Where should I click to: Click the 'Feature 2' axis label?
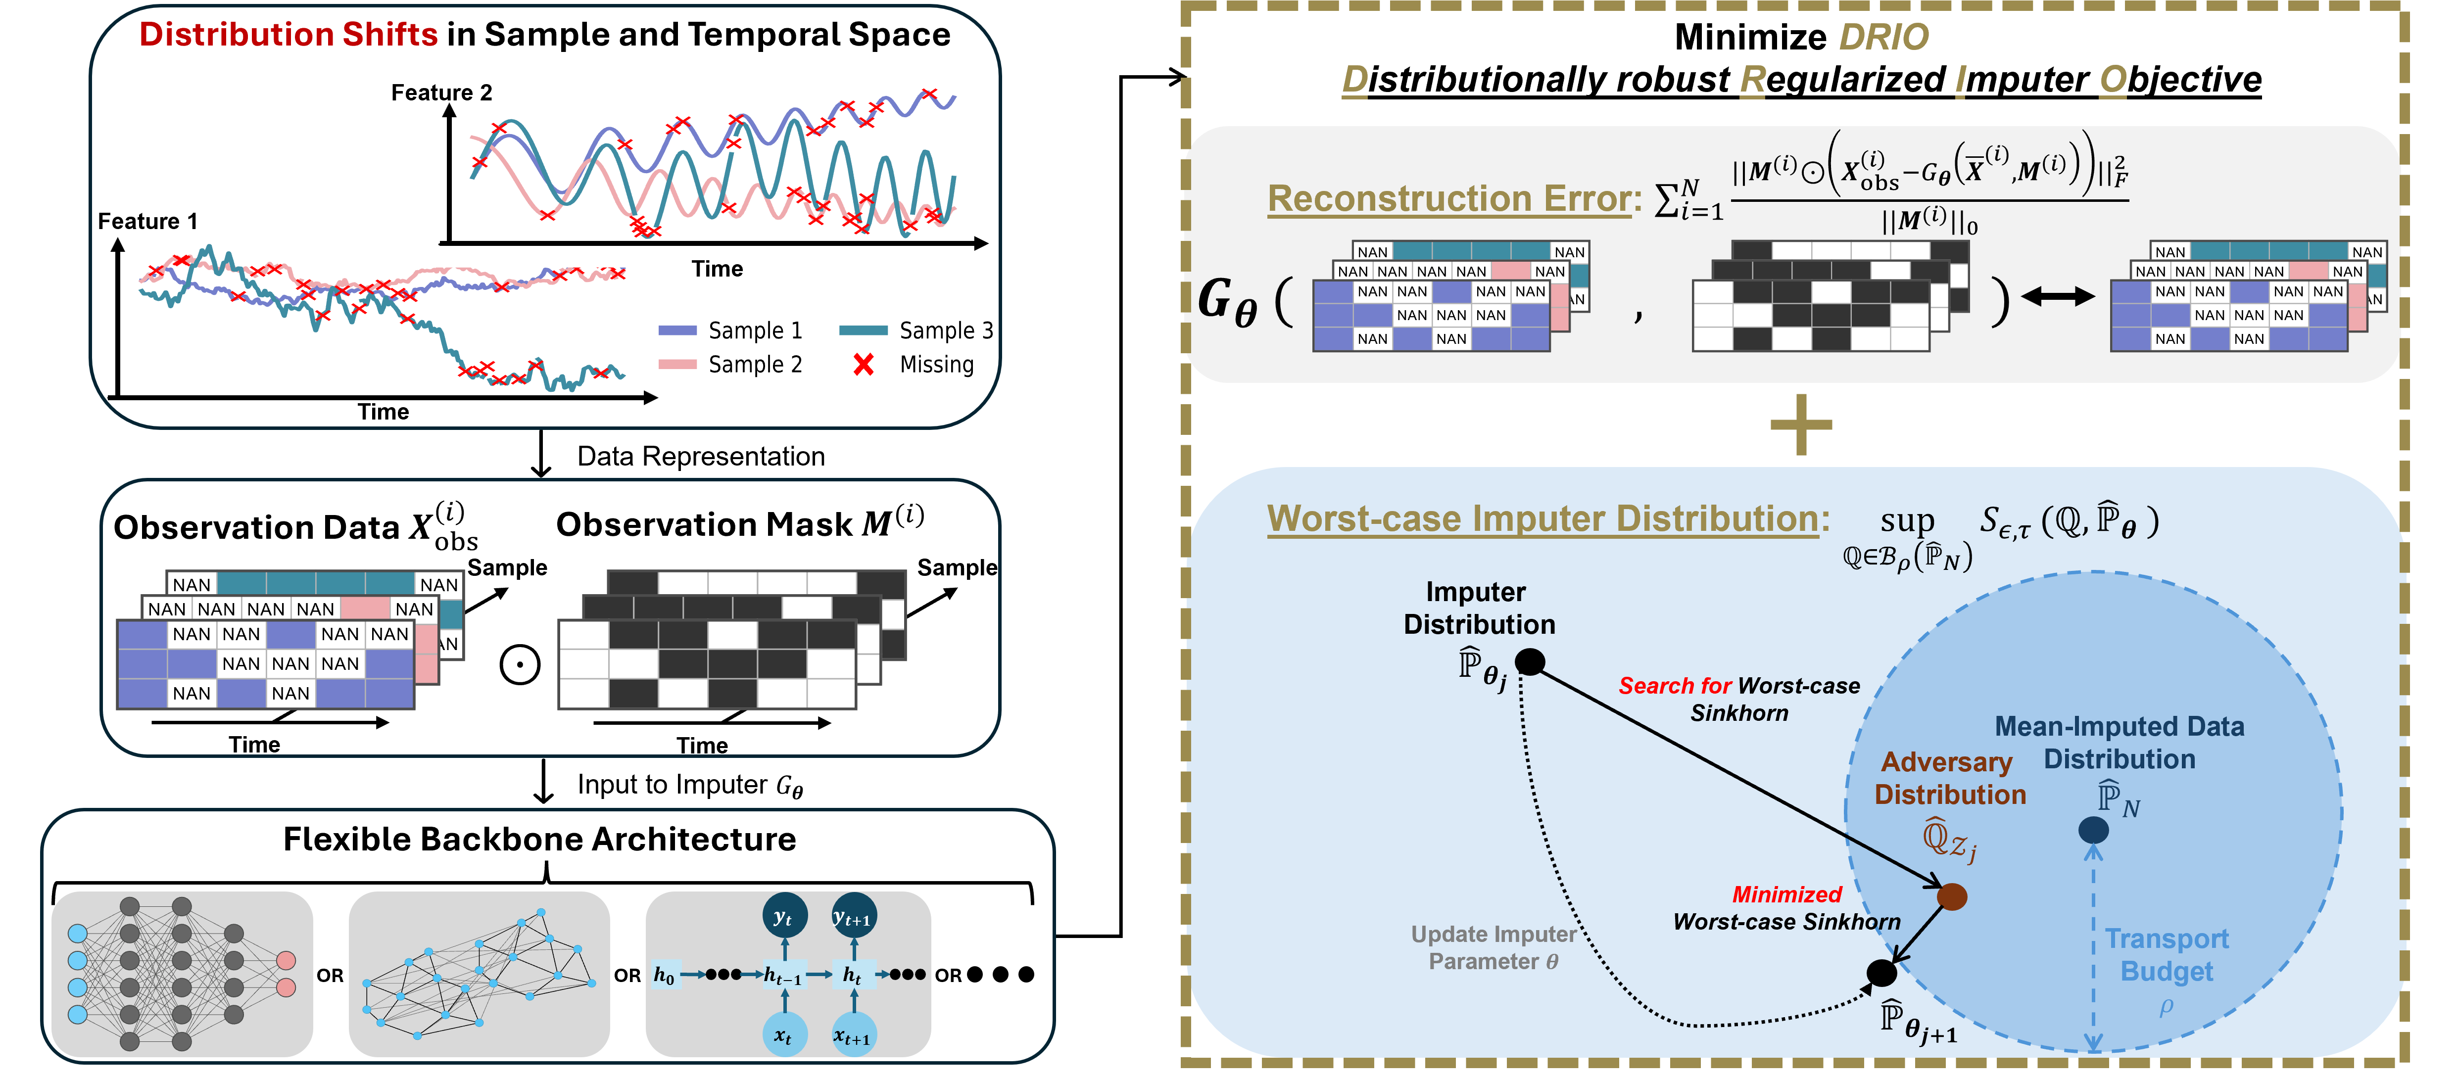tap(442, 93)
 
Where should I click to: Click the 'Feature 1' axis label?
tap(148, 221)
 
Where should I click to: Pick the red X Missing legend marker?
tap(864, 365)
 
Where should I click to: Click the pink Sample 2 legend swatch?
tap(677, 365)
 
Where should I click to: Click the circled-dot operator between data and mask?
tap(520, 665)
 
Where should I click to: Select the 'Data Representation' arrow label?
tap(700, 457)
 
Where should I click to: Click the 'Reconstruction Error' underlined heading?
tap(1448, 198)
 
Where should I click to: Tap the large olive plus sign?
tap(1800, 424)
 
